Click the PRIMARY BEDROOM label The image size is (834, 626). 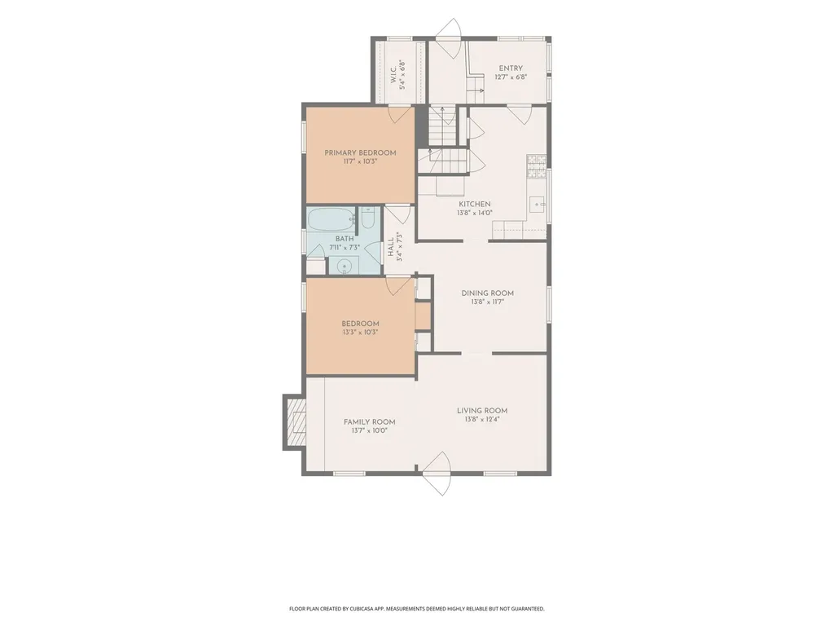point(360,152)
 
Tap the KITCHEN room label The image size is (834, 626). point(475,204)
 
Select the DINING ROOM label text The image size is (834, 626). point(487,293)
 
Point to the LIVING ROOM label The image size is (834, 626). point(482,411)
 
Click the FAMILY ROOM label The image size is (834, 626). point(369,422)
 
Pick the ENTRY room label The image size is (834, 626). point(511,68)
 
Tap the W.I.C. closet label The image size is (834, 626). point(393,74)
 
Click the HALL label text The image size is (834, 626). point(391,246)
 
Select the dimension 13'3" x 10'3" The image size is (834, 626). point(360,333)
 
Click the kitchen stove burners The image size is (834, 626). point(536,166)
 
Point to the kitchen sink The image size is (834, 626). point(539,204)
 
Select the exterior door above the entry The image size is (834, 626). point(448,38)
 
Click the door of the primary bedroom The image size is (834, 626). point(402,115)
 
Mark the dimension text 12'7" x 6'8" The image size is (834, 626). point(511,77)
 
